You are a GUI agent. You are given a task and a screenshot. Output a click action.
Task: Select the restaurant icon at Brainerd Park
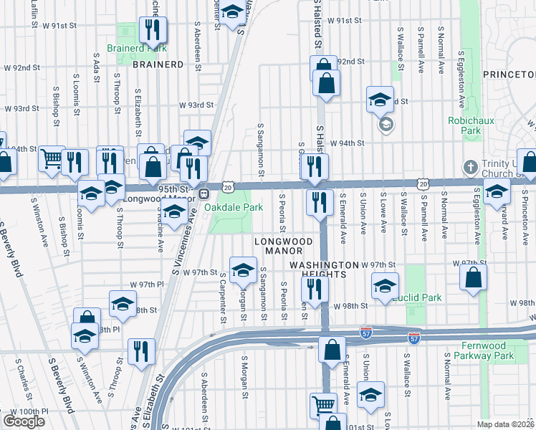point(153,29)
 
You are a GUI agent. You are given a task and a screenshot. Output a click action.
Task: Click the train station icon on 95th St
point(204,193)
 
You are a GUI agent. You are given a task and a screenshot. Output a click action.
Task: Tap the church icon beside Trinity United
point(470,166)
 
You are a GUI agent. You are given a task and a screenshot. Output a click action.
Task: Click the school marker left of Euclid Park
point(385,285)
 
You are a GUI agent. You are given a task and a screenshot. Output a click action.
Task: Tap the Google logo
point(24,421)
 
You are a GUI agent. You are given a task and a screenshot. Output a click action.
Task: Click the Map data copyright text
point(506,424)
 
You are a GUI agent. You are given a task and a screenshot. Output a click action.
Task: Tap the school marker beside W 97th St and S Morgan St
point(243,269)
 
